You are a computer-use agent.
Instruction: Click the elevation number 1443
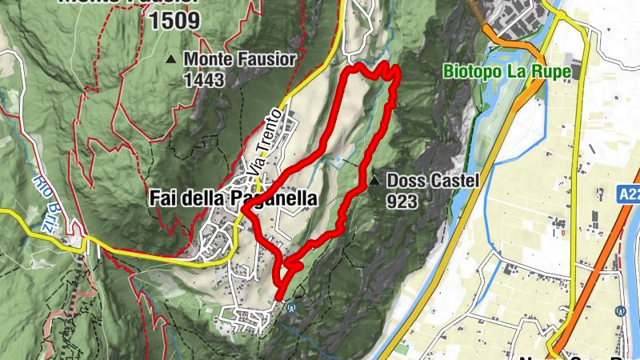tap(203, 80)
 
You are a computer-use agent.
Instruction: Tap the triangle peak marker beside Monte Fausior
tap(171, 59)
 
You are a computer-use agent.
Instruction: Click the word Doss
tap(404, 181)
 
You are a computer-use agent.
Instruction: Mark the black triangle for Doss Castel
tap(374, 181)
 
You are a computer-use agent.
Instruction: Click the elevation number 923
tap(402, 201)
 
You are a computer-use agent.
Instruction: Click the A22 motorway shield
tap(628, 194)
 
